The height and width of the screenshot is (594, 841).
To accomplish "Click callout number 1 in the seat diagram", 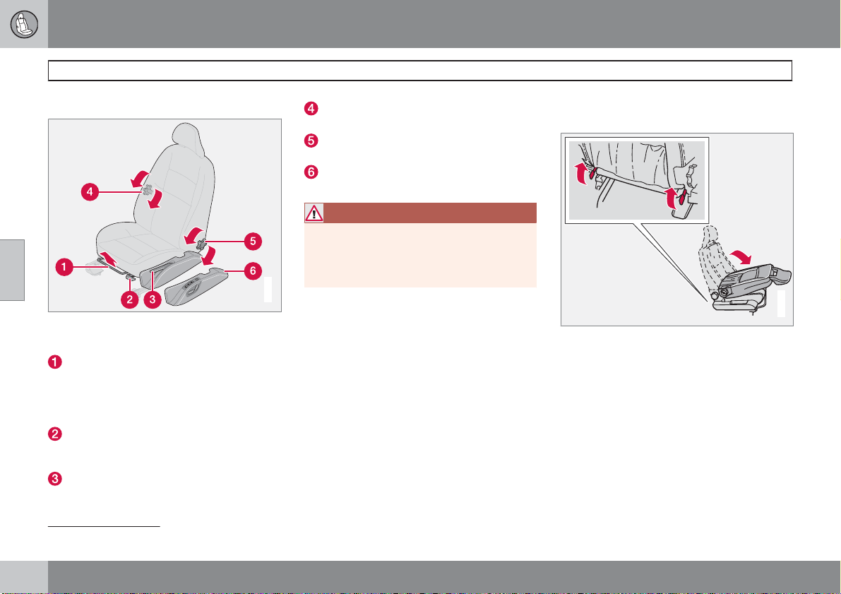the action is pyautogui.click(x=64, y=267).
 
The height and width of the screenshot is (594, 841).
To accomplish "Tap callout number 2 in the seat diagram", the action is pyautogui.click(x=130, y=299).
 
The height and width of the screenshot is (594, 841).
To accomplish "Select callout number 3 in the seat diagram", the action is pyautogui.click(x=153, y=299).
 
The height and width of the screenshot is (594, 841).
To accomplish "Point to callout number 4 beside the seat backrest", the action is pyautogui.click(x=90, y=191).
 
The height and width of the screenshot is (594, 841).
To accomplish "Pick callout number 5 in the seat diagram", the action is pyautogui.click(x=253, y=242).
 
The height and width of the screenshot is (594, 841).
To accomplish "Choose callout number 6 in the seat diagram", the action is pyautogui.click(x=253, y=271).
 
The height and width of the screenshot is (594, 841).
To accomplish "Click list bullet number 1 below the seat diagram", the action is pyautogui.click(x=54, y=362).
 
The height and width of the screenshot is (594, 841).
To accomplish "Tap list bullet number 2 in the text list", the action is pyautogui.click(x=54, y=434).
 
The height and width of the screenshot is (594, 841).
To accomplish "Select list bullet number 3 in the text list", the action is pyautogui.click(x=54, y=478).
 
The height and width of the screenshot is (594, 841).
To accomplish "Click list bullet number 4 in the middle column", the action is pyautogui.click(x=311, y=108).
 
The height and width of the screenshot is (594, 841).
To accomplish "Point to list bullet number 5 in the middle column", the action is pyautogui.click(x=311, y=141).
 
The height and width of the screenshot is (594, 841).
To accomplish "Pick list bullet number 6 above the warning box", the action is pyautogui.click(x=311, y=172).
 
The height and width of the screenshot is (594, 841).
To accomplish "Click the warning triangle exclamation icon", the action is pyautogui.click(x=314, y=213).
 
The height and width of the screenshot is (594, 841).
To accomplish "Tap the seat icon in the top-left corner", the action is pyautogui.click(x=24, y=24).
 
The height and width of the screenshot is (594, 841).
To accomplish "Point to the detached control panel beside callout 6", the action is pyautogui.click(x=196, y=287).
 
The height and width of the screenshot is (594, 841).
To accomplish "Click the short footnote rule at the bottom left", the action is pyautogui.click(x=104, y=527).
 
